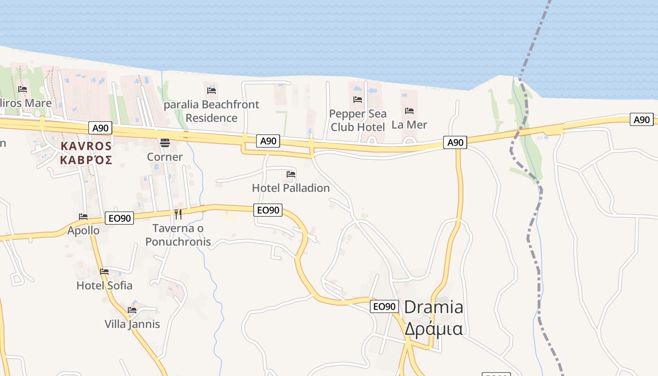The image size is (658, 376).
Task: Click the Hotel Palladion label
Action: point(290,188)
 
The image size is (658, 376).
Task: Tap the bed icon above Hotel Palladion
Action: point(291,174)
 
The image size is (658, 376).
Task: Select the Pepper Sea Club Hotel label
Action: point(358,120)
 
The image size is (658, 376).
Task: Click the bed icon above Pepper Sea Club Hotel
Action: point(358,99)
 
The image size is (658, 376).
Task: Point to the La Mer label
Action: point(409,125)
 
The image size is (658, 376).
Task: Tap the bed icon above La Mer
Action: point(409,111)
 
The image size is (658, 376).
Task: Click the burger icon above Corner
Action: point(165,142)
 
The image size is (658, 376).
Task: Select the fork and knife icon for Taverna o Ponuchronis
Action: point(178,214)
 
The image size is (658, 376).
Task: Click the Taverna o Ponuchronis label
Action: point(178,235)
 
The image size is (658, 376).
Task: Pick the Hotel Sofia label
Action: point(104,285)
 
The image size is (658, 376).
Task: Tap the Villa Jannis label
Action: point(132,324)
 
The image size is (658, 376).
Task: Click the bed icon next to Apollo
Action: point(83,217)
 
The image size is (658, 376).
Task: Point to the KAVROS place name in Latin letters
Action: point(86,146)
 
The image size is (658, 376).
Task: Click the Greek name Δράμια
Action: point(433,329)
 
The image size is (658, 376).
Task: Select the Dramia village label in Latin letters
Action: point(433,307)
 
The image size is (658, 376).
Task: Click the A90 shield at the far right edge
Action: point(642,120)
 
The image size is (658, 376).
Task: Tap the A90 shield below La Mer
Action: point(455,142)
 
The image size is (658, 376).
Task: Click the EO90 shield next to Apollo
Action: point(119,218)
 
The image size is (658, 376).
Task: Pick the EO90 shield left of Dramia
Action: point(384,306)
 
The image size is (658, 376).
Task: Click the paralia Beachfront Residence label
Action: point(211,111)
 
